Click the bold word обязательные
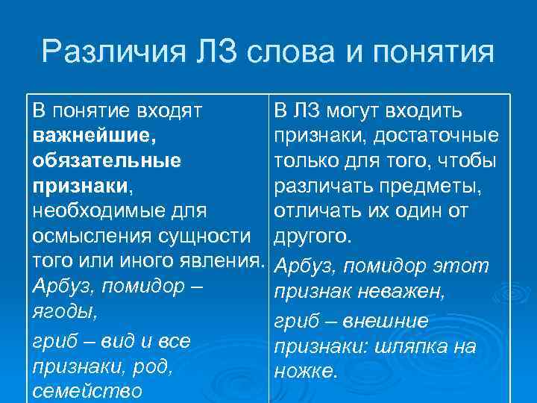[x=107, y=160]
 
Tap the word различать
[x=320, y=186]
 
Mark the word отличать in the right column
[x=314, y=211]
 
